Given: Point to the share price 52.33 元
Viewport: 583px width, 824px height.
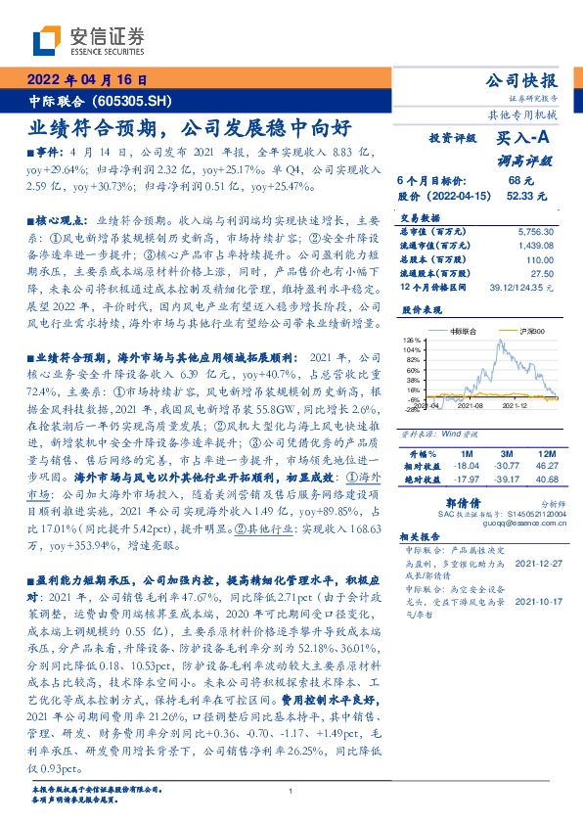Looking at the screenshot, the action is [x=519, y=196].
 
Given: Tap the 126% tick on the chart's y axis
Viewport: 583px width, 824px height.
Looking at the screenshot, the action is [x=412, y=340].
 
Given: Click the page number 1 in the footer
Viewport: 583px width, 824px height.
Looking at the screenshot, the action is [x=291, y=791].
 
